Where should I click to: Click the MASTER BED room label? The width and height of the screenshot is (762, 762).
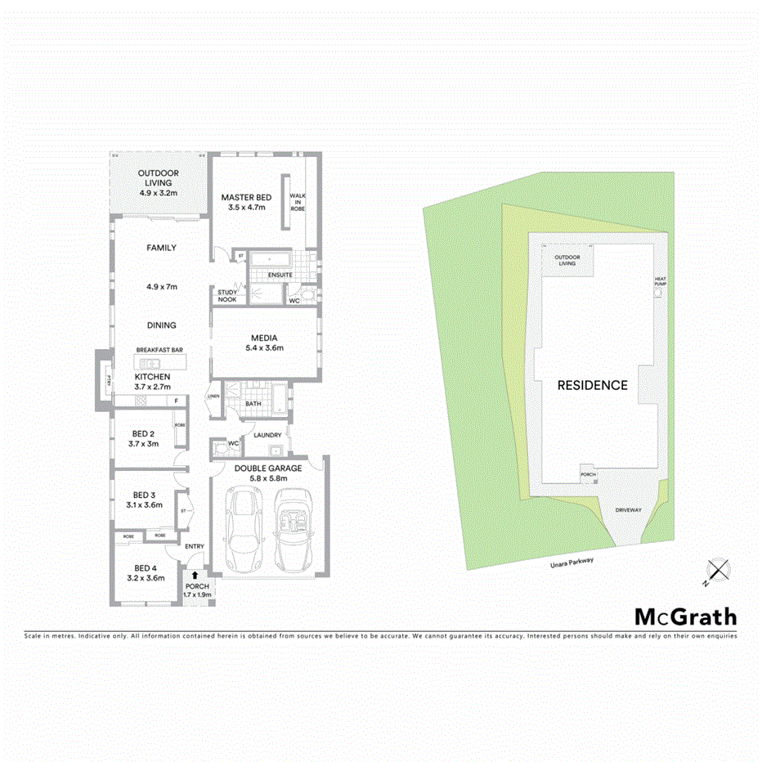tap(247, 197)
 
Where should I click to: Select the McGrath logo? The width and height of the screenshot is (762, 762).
tap(685, 616)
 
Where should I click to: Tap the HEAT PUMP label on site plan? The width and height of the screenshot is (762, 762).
tap(661, 281)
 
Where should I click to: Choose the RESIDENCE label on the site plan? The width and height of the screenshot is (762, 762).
tap(593, 385)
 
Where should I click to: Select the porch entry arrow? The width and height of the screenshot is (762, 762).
tap(195, 576)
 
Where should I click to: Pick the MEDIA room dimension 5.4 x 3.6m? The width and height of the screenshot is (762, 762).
tap(264, 348)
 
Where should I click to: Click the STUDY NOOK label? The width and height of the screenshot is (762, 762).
tap(226, 295)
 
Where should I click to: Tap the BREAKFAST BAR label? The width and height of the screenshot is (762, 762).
tap(159, 350)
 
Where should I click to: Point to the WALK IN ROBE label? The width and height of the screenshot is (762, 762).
tap(297, 202)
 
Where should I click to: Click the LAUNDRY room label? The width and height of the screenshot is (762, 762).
tap(268, 435)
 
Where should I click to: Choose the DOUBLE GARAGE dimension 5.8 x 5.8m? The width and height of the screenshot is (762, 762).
tap(267, 478)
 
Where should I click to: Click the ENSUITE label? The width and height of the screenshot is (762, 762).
tap(280, 275)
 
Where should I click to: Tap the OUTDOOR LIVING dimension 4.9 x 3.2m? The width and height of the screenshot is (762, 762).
tap(158, 193)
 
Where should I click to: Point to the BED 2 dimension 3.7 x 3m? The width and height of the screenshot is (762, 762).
tap(143, 443)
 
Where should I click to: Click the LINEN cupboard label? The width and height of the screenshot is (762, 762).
tap(214, 397)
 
